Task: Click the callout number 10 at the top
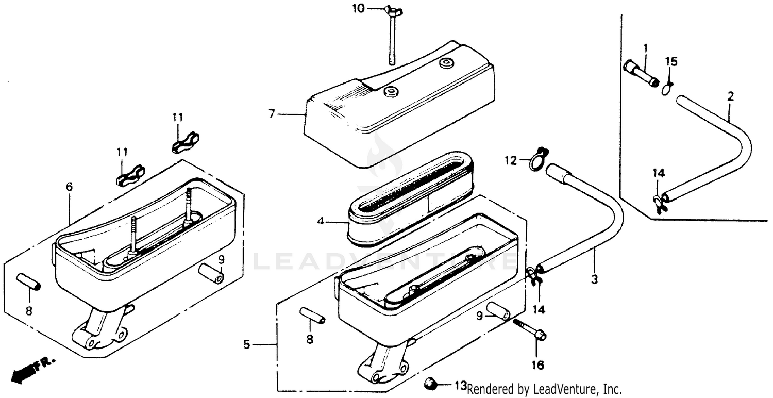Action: [x=358, y=8]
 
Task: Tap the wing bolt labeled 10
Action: [x=392, y=35]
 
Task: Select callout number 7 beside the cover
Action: [x=272, y=113]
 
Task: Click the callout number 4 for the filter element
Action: [x=321, y=221]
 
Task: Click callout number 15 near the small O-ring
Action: [x=671, y=61]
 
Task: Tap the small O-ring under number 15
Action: [x=667, y=90]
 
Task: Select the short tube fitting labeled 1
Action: [x=642, y=74]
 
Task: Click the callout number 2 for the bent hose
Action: [x=731, y=96]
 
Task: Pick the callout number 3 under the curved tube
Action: [x=594, y=279]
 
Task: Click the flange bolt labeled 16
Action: [x=530, y=329]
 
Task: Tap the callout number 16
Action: [x=538, y=365]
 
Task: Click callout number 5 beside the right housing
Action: [x=246, y=344]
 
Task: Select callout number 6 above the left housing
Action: [x=70, y=187]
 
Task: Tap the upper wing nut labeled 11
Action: [x=186, y=142]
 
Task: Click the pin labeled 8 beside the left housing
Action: [x=29, y=281]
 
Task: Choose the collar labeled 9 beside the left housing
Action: [x=211, y=273]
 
